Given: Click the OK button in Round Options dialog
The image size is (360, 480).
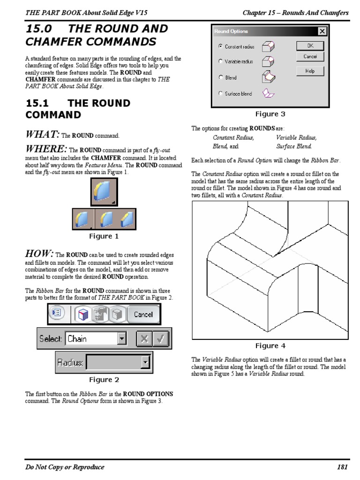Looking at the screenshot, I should tap(310, 46).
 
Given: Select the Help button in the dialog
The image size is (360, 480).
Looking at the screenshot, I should tap(310, 71).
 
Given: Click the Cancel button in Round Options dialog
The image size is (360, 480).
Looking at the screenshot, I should tap(310, 56).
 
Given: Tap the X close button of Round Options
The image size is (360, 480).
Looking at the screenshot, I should tap(322, 31).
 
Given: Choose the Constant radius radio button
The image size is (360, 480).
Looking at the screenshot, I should tap(220, 46).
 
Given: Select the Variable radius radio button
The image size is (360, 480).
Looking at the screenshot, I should tap(220, 61).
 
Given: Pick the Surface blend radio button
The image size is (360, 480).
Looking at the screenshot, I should tap(220, 94).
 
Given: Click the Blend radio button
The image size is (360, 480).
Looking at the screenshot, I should tap(220, 78).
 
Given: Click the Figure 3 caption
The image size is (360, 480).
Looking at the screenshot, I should tap(270, 114).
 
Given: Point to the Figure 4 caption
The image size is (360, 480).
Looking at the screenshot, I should tap(270, 346).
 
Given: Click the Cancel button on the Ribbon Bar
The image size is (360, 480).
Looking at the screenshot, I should tap(143, 315).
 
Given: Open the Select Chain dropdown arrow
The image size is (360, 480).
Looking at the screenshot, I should tap(122, 339).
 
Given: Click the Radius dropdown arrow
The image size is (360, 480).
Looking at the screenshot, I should tap(145, 362).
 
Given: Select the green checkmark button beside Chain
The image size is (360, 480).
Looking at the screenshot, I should tap(159, 339).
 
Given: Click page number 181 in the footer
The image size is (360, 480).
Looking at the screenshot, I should tap(342, 467).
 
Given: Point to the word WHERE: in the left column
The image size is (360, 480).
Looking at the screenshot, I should tap(46, 149).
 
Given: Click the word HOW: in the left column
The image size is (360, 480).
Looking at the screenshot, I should tap(39, 254).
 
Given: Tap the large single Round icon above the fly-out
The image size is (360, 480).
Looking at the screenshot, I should tap(104, 192).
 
